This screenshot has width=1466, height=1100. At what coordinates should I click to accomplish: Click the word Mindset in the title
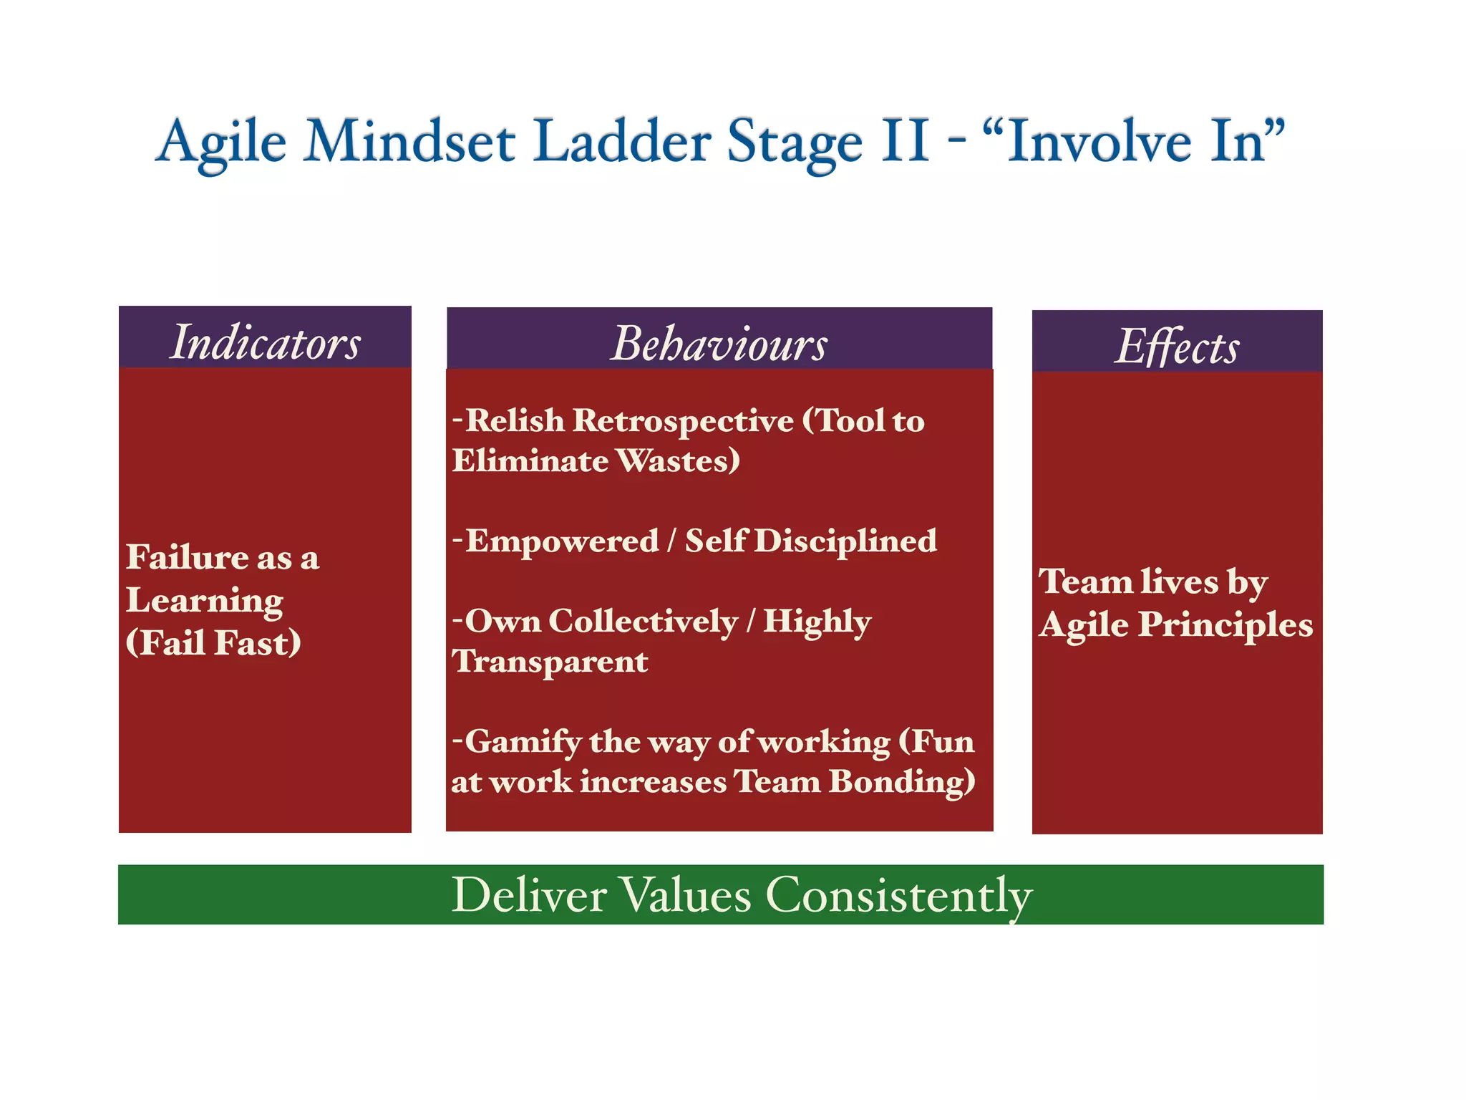(x=409, y=141)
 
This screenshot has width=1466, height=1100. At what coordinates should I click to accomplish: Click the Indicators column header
(x=265, y=342)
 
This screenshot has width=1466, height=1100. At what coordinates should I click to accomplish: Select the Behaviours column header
(x=719, y=344)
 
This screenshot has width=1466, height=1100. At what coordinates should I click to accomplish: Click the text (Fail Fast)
(x=213, y=642)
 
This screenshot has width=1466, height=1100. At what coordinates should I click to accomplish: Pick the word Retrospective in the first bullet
(x=683, y=420)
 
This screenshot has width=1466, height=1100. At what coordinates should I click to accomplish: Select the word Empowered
(x=562, y=541)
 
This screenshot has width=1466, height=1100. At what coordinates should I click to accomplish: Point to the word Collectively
(x=642, y=621)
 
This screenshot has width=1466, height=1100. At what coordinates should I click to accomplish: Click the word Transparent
(x=550, y=662)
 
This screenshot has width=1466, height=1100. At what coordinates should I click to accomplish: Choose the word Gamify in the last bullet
(x=523, y=742)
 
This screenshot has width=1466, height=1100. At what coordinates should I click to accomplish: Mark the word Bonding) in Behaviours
(x=902, y=781)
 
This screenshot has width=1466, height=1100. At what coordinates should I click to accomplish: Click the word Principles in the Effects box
(x=1225, y=624)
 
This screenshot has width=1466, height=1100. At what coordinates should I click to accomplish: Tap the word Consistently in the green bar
(x=898, y=895)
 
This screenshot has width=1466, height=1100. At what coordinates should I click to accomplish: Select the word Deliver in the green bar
(x=529, y=895)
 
